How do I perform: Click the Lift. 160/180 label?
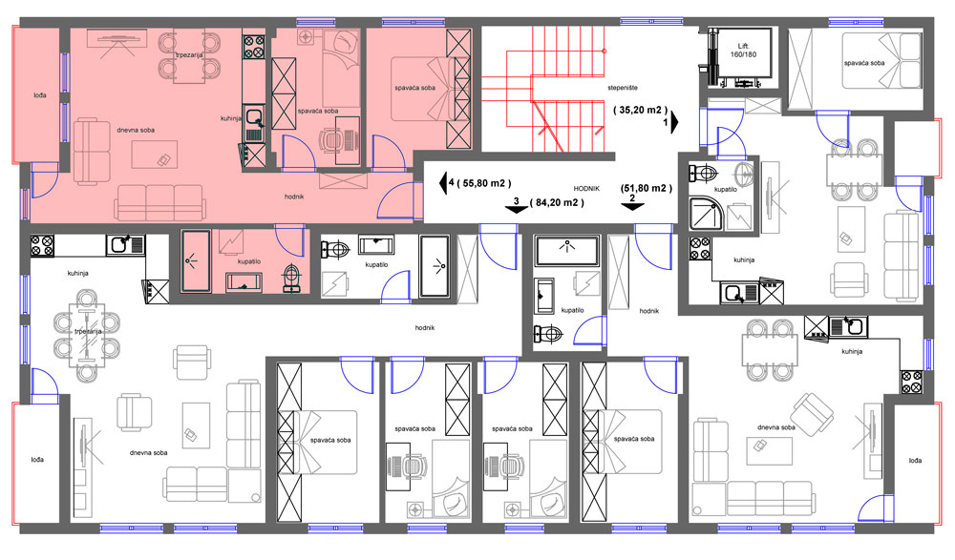(743, 50)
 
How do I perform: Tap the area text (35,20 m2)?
(640, 110)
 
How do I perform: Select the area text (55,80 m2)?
(484, 182)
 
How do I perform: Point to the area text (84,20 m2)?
(557, 202)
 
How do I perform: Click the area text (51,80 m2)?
(647, 188)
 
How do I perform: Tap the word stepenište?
(623, 89)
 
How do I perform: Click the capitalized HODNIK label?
(586, 189)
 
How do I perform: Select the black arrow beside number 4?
(443, 182)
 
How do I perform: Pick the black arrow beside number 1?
(674, 122)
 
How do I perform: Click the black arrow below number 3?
(517, 209)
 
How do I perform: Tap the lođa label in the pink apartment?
(39, 95)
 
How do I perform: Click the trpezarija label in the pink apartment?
(189, 54)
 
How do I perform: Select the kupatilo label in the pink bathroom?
(249, 261)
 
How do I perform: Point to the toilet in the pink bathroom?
(292, 278)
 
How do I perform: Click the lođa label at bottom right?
(915, 460)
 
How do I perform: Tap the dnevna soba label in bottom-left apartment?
(148, 453)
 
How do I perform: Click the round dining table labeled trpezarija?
(87, 336)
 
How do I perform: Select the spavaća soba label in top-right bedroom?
(864, 63)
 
